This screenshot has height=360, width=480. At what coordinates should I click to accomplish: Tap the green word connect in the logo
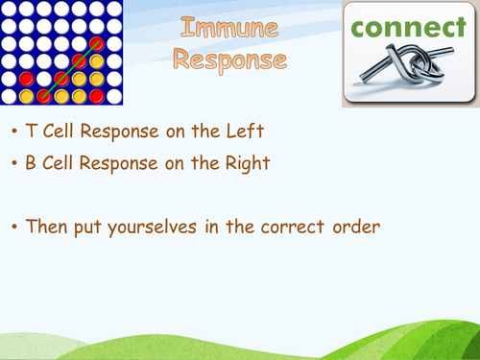pos(409,28)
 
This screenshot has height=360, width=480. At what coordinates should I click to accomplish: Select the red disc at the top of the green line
pos(96,44)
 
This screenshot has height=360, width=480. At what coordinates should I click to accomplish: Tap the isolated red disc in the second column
pos(27,79)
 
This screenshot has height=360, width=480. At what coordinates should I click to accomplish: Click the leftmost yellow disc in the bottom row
pos(44,96)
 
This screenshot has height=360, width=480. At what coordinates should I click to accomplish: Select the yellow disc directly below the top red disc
pos(96,61)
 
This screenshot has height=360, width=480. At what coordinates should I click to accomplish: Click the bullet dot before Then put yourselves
pos(13,228)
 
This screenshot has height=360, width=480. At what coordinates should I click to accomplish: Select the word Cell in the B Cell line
pos(62,163)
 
